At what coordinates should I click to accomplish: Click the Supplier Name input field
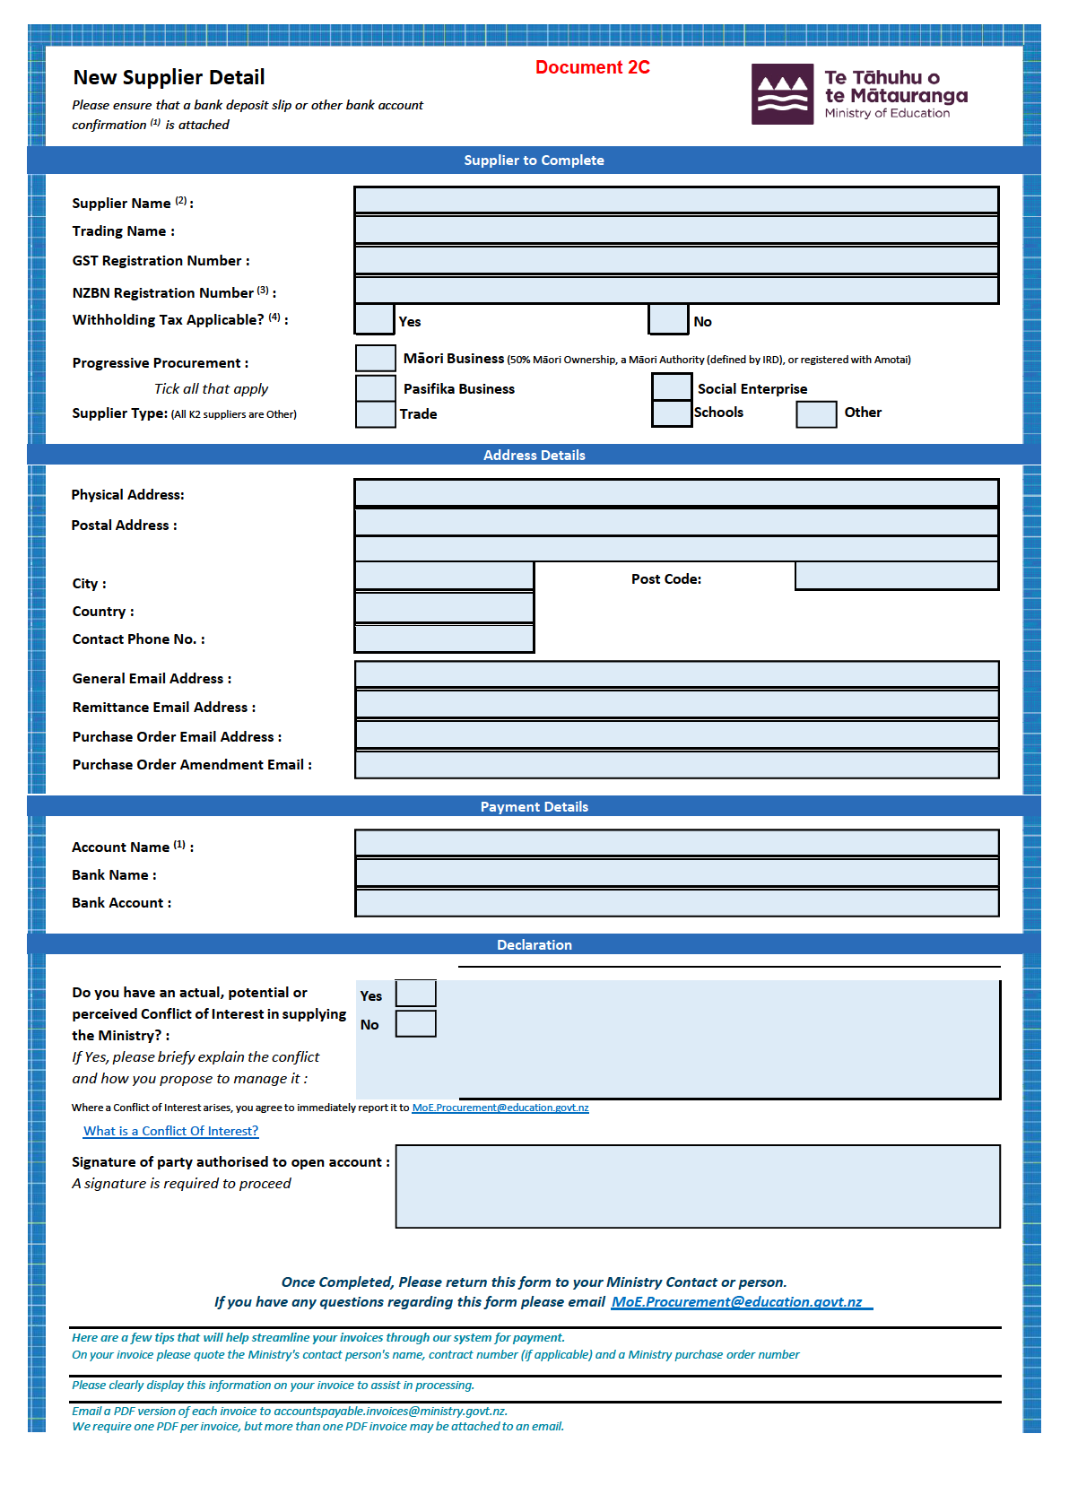(x=676, y=200)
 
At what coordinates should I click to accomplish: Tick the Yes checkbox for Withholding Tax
(x=374, y=319)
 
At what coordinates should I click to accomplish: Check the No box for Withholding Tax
(x=668, y=319)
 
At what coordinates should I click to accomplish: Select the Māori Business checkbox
(x=375, y=358)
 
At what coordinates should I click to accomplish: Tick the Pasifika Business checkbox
(x=375, y=388)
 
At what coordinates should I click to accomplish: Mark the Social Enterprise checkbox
(x=672, y=387)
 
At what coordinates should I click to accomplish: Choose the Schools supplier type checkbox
(x=672, y=413)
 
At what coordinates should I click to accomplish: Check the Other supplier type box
(x=816, y=414)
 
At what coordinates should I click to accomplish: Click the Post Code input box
(x=896, y=576)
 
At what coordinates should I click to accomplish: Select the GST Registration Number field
(x=676, y=260)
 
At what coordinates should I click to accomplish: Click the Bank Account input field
(x=676, y=903)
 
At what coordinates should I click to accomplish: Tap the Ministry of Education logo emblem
(x=782, y=94)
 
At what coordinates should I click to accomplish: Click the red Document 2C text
(x=592, y=67)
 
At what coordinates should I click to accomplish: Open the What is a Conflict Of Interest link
(x=170, y=1131)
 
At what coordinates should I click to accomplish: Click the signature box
(x=697, y=1186)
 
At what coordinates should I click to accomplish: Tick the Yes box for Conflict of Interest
(x=415, y=994)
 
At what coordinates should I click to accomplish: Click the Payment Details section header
(x=534, y=806)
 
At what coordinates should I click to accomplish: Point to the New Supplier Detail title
(x=169, y=77)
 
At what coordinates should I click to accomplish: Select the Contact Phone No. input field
(x=444, y=639)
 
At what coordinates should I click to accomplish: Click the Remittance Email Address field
(x=676, y=704)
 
